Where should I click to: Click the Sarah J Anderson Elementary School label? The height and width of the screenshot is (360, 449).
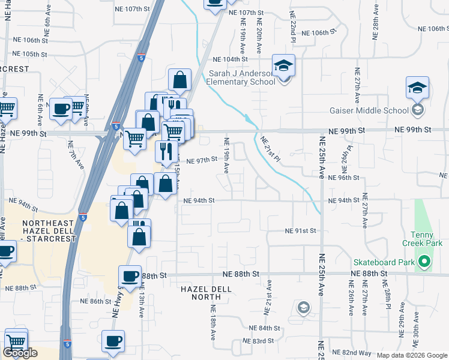(241, 78)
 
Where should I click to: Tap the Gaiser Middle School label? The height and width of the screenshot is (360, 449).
(369, 110)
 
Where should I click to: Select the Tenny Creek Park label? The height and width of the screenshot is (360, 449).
(427, 239)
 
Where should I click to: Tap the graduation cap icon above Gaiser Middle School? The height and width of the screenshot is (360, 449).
(417, 88)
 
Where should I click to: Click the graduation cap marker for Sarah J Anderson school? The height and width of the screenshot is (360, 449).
(283, 65)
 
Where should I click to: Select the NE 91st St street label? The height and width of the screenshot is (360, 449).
(300, 231)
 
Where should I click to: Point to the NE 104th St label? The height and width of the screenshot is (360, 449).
(232, 59)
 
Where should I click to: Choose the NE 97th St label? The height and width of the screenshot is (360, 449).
(200, 161)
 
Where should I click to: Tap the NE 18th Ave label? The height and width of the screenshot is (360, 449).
(213, 321)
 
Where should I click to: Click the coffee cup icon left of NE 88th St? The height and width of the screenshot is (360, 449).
(130, 277)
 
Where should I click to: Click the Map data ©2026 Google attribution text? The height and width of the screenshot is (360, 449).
(412, 355)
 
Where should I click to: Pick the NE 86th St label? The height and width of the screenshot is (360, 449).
(96, 301)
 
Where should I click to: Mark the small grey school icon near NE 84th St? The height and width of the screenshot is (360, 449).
(303, 308)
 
